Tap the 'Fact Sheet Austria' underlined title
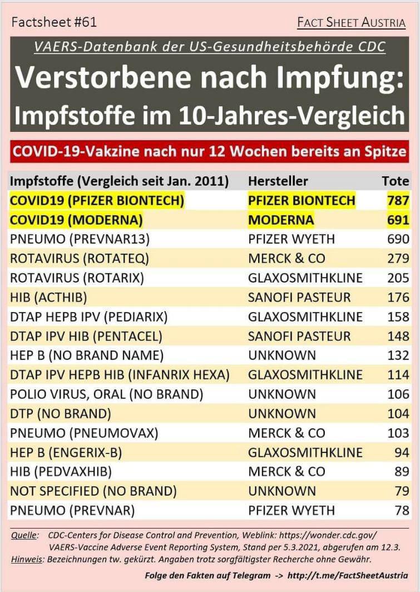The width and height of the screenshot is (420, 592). [x=351, y=23]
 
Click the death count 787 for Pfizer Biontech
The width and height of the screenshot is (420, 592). [x=398, y=200]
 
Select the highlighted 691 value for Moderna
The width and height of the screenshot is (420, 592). [x=398, y=220]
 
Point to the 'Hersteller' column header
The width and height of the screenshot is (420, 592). [x=278, y=181]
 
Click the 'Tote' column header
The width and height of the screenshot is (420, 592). [x=396, y=181]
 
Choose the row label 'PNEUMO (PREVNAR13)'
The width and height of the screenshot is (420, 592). [x=80, y=239]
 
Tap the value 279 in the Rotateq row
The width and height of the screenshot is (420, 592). [x=398, y=259]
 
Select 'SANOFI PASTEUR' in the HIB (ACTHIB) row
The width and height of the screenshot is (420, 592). [x=299, y=297]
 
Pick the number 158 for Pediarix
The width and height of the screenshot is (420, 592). [x=398, y=317]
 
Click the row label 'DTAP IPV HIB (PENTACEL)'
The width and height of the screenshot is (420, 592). [x=86, y=336]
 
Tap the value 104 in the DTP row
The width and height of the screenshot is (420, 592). [x=398, y=413]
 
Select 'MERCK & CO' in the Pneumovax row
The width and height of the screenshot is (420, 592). [x=286, y=433]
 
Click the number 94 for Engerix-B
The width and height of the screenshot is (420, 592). [x=402, y=452]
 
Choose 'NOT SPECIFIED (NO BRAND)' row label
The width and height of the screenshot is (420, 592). [x=93, y=491]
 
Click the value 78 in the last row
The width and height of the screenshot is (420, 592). [x=402, y=510]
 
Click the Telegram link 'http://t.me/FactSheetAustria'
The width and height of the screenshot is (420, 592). [x=345, y=575]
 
